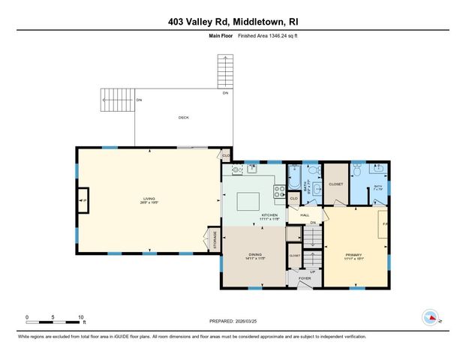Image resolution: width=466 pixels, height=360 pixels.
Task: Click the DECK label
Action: coord(183,118)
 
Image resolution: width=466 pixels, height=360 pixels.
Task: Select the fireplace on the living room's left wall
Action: coord(83,201)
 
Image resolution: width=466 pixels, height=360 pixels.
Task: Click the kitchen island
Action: coord(248,201)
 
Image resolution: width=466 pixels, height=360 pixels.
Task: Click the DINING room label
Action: coord(254,255)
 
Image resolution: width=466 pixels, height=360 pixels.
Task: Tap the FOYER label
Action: coord(304,278)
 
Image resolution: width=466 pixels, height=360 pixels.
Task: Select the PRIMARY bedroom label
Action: coord(353,255)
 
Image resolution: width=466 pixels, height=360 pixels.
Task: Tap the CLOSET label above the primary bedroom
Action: coord(335,184)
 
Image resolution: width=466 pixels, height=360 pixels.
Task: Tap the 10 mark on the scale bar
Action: coord(80,317)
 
